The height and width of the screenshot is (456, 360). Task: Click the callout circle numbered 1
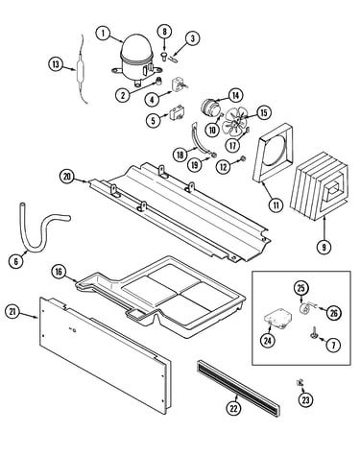point(104,34)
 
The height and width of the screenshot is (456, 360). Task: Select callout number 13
point(56,64)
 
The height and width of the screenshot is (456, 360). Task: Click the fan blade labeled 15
point(236,122)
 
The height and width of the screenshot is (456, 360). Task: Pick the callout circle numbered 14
point(236,95)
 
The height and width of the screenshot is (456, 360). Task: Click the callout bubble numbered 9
point(324,247)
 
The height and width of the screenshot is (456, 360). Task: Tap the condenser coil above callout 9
point(319,186)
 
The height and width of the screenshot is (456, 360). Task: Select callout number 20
point(67,177)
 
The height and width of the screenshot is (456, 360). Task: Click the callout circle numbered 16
point(59,272)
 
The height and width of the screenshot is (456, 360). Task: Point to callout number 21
point(12,312)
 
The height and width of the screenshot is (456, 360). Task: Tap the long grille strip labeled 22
point(238,388)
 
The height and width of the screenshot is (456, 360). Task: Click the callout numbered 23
point(306,399)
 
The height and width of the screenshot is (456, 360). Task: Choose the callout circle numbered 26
point(334,313)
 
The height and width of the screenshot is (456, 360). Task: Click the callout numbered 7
point(333,345)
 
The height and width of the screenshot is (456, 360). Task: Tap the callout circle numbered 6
point(16,261)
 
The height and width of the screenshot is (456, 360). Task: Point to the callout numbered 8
point(164,31)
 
